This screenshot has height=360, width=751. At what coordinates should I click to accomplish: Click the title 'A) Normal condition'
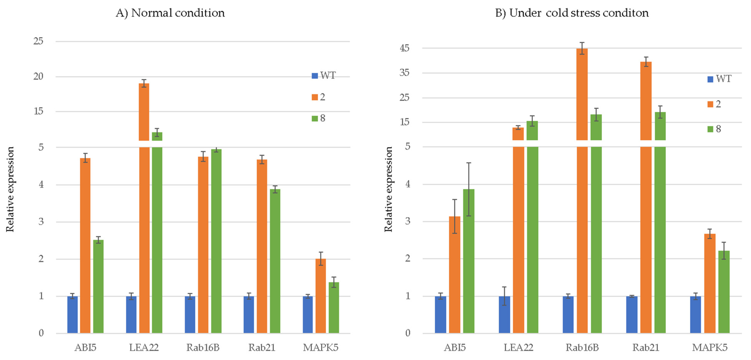coord(170,13)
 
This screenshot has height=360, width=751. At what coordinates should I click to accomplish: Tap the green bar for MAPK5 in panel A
coord(334,307)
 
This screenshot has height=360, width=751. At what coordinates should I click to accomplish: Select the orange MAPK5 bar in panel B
coord(710,283)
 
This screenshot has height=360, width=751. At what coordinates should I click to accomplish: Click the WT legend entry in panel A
coord(324,75)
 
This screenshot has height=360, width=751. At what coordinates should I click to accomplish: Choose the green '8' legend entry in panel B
coord(714,129)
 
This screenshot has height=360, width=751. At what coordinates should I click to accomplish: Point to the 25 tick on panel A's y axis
coord(38,41)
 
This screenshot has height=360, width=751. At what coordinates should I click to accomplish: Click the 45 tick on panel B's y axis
coord(405,48)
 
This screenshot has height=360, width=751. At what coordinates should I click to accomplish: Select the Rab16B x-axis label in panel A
coord(203,348)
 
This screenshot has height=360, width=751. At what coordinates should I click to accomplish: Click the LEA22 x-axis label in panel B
coord(518,348)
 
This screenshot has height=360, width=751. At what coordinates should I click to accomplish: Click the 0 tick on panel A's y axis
coord(41,333)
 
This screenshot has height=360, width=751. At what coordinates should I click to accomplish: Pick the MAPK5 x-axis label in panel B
coord(710,348)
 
